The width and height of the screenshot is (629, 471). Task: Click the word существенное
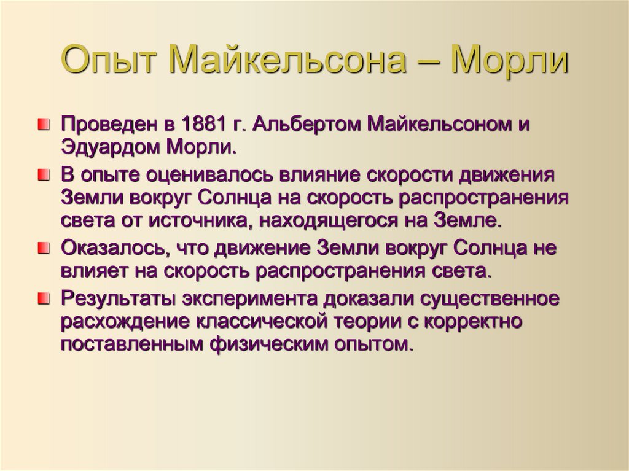tap(490, 299)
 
